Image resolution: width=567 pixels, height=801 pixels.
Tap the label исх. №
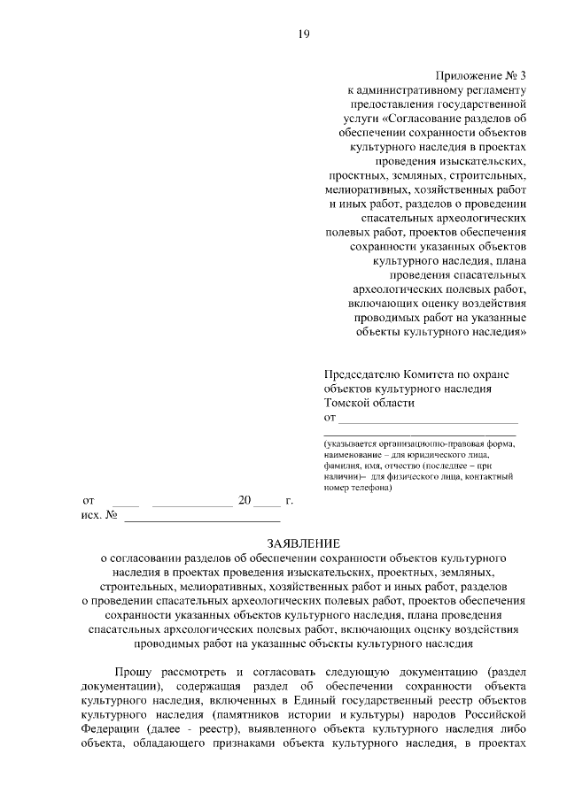[100, 514]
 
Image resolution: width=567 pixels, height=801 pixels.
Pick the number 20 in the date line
[245, 500]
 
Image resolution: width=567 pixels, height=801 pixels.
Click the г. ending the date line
[290, 500]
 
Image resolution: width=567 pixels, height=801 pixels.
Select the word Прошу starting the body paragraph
[130, 671]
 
